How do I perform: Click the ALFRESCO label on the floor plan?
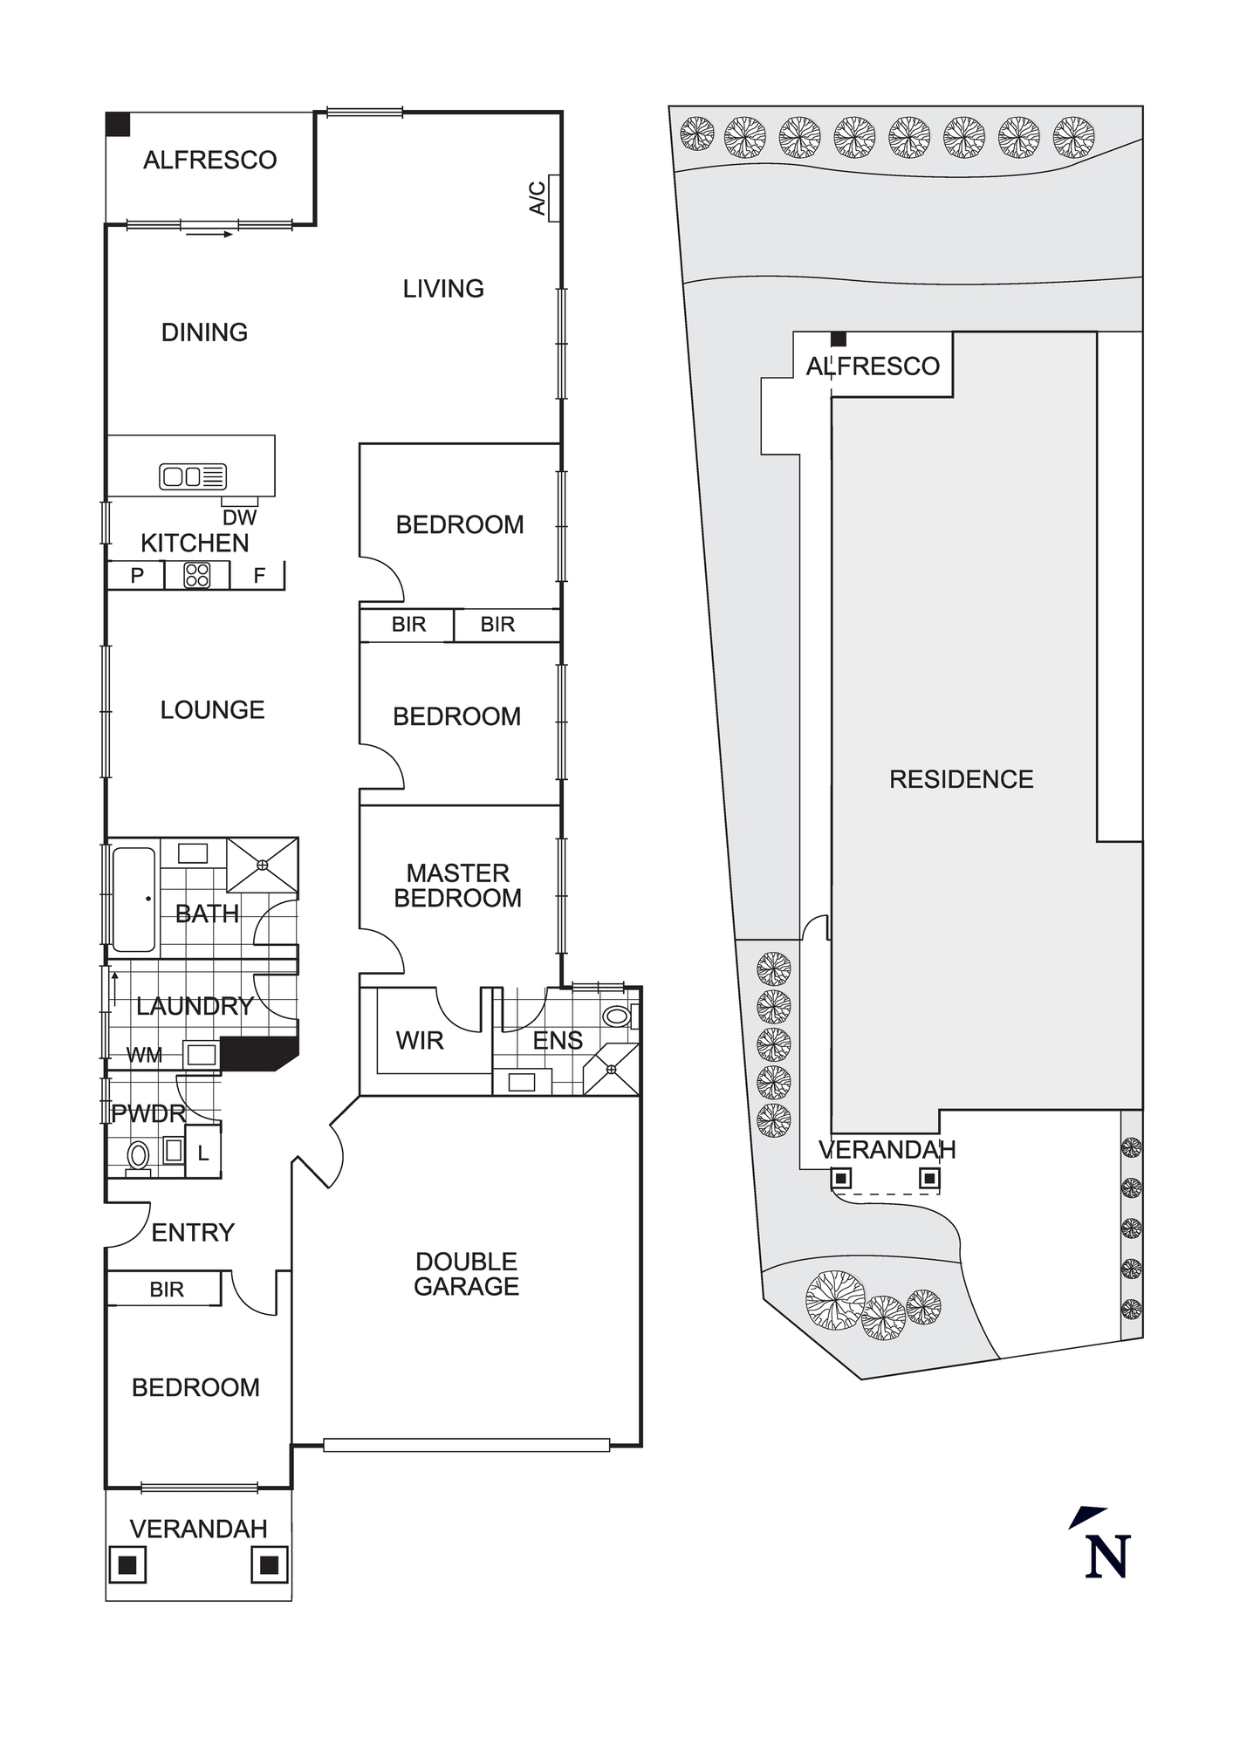point(209,161)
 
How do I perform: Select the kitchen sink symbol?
point(192,476)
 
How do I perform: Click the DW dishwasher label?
point(239,517)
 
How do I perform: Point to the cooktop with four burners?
point(197,575)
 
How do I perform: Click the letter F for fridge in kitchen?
point(259,576)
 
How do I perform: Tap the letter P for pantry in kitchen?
point(137,576)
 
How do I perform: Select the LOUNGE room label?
point(212,710)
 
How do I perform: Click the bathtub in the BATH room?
point(134,899)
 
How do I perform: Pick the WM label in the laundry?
point(144,1056)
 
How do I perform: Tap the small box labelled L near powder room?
point(203,1153)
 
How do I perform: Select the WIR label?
point(420,1041)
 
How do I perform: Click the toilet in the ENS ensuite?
point(617,1016)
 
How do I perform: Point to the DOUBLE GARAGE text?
point(466,1274)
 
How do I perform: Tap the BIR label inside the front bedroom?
point(167,1290)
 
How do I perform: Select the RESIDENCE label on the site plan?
point(961,779)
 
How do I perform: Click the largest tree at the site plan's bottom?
point(835,1300)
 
